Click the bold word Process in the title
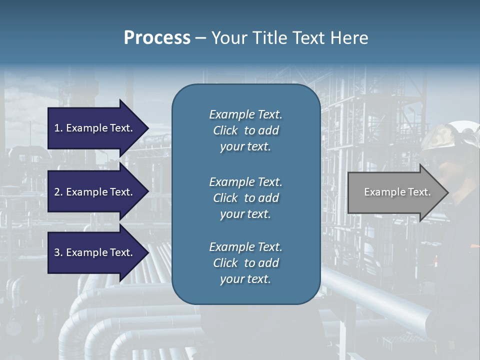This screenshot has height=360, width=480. (157, 38)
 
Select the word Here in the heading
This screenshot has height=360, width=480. (349, 38)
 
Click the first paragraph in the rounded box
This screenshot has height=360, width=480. (245, 130)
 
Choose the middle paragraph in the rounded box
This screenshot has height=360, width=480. (245, 198)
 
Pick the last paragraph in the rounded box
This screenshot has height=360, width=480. (245, 263)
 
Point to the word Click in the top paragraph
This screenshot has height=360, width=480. (225, 130)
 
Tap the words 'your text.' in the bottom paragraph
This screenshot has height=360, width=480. (245, 279)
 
